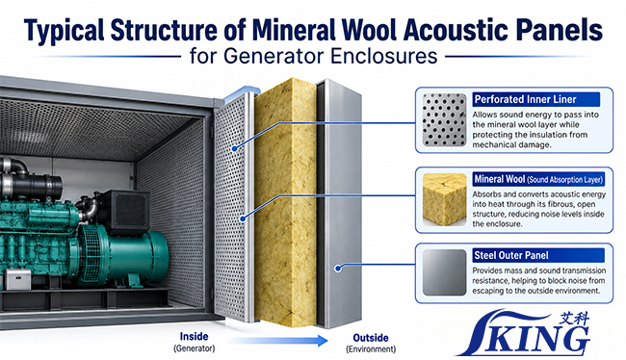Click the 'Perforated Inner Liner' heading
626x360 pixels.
coord(525,99)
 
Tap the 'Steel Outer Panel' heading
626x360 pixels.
coord(511,255)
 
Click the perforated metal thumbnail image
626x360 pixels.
coord(444,119)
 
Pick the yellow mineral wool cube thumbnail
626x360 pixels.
coord(444,199)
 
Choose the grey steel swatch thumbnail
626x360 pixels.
coord(444,272)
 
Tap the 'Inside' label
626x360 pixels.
coord(194,337)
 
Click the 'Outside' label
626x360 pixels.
coord(371,338)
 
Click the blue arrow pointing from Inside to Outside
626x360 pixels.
coord(278,341)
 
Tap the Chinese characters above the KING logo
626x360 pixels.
coord(574,318)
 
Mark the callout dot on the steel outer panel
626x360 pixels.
coord(338,269)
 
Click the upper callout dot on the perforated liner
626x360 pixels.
coord(235,148)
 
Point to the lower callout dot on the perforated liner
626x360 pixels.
coord(243,219)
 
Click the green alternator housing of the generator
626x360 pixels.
coord(132,255)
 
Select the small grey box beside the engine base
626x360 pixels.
coord(17,279)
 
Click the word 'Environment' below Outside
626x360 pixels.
coord(371,349)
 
